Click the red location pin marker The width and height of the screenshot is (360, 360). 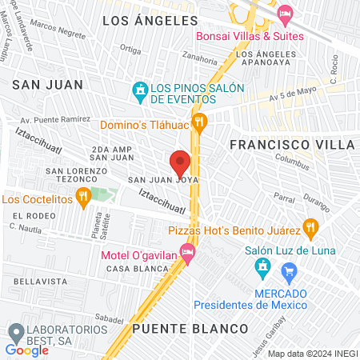pos(181,162)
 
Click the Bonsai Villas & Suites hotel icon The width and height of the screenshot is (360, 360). pos(284,14)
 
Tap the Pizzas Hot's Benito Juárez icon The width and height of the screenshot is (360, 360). pos(310,230)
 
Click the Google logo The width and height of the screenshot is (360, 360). pos(26,350)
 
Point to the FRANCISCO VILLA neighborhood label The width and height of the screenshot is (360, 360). pos(292,145)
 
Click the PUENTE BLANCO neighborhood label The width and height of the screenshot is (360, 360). pos(190,329)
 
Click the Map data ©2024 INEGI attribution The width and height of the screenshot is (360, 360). pos(311,354)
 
